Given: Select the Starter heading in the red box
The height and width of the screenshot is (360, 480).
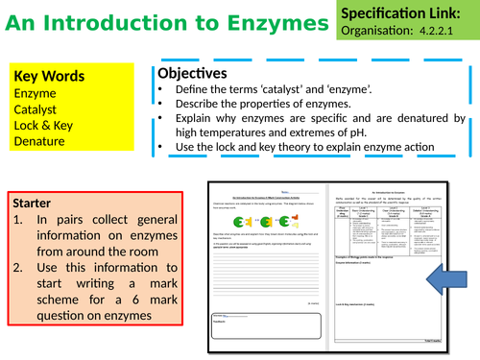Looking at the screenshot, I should tap(37, 204).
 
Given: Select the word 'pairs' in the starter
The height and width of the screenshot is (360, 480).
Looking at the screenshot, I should tap(71, 220).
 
